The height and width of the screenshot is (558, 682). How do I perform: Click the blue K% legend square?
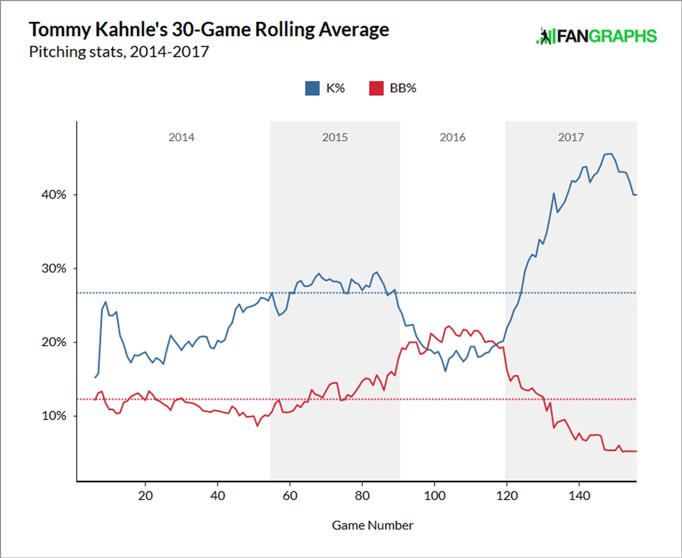coord(312,88)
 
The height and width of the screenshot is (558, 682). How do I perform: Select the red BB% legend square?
coord(376,88)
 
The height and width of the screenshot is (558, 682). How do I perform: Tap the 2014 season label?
coord(181,137)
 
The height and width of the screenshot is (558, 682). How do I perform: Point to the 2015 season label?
coord(335,137)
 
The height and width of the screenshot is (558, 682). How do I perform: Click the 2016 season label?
coord(452,137)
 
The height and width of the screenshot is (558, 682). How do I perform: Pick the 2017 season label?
coord(571,137)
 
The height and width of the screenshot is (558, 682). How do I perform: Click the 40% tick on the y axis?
coord(54,195)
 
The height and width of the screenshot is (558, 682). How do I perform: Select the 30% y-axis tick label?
coord(54,269)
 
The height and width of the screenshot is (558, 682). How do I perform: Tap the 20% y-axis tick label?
coord(54,342)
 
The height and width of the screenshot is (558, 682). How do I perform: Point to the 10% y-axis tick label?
coord(54,416)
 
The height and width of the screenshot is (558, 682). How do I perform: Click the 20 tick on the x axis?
coord(145,496)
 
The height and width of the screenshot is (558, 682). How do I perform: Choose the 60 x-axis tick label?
coord(290,496)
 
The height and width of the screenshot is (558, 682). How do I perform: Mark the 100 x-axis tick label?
coord(434,496)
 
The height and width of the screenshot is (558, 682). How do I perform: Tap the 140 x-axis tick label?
coord(579,496)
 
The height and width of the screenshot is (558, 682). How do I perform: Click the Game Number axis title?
coord(372,526)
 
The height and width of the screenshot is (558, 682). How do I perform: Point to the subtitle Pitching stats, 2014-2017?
coord(119,52)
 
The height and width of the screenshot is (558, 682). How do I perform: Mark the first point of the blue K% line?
coord(95,377)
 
